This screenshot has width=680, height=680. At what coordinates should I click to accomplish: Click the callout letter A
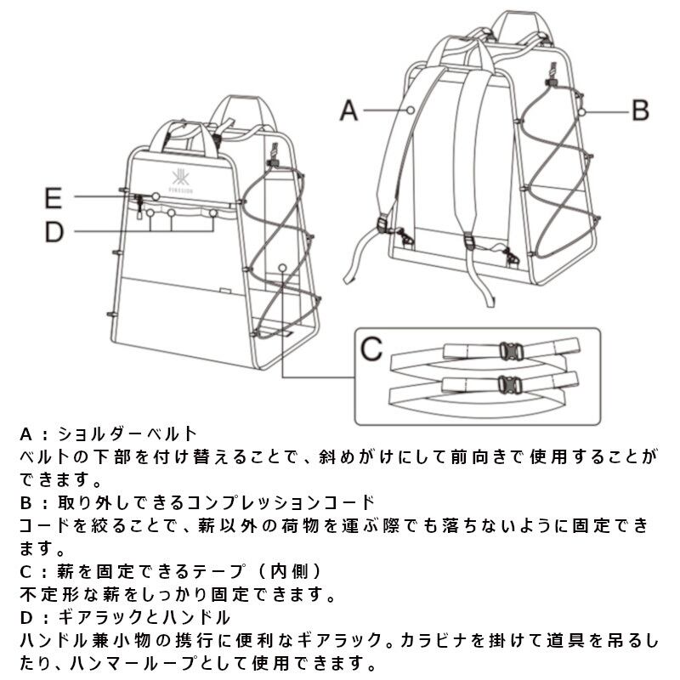point(348,110)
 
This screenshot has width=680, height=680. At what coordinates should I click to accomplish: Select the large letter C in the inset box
point(371,348)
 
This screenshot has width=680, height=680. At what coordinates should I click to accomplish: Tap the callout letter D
point(54,232)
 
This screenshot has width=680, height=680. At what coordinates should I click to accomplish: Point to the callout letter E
point(54,199)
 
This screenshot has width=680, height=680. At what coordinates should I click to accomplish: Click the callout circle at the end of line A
point(411,110)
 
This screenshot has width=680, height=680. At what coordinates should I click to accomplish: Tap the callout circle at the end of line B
point(582,110)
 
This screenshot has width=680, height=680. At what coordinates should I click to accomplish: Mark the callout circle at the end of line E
point(156,196)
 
